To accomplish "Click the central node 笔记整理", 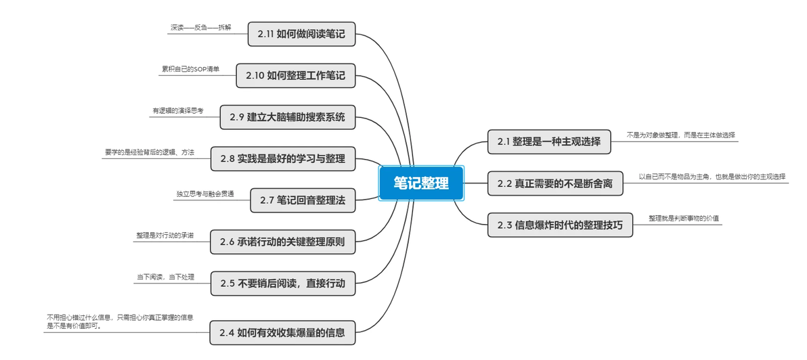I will click(421, 183).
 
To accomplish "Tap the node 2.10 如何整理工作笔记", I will click(295, 75).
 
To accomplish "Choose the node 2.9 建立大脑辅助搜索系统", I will click(288, 117).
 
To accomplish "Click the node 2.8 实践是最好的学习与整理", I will click(283, 159).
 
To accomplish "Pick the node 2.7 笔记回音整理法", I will click(303, 200).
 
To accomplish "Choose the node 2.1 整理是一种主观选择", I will click(549, 141).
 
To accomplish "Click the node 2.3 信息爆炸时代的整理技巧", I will click(560, 225).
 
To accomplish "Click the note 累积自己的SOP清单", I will click(190, 69).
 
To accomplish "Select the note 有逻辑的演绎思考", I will click(178, 111).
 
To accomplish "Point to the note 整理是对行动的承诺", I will click(165, 235).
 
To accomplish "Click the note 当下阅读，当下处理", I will click(165, 277).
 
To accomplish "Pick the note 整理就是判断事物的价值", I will click(684, 219).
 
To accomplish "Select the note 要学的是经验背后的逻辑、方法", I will click(149, 152).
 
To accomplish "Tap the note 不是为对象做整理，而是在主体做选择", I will click(680, 135).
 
